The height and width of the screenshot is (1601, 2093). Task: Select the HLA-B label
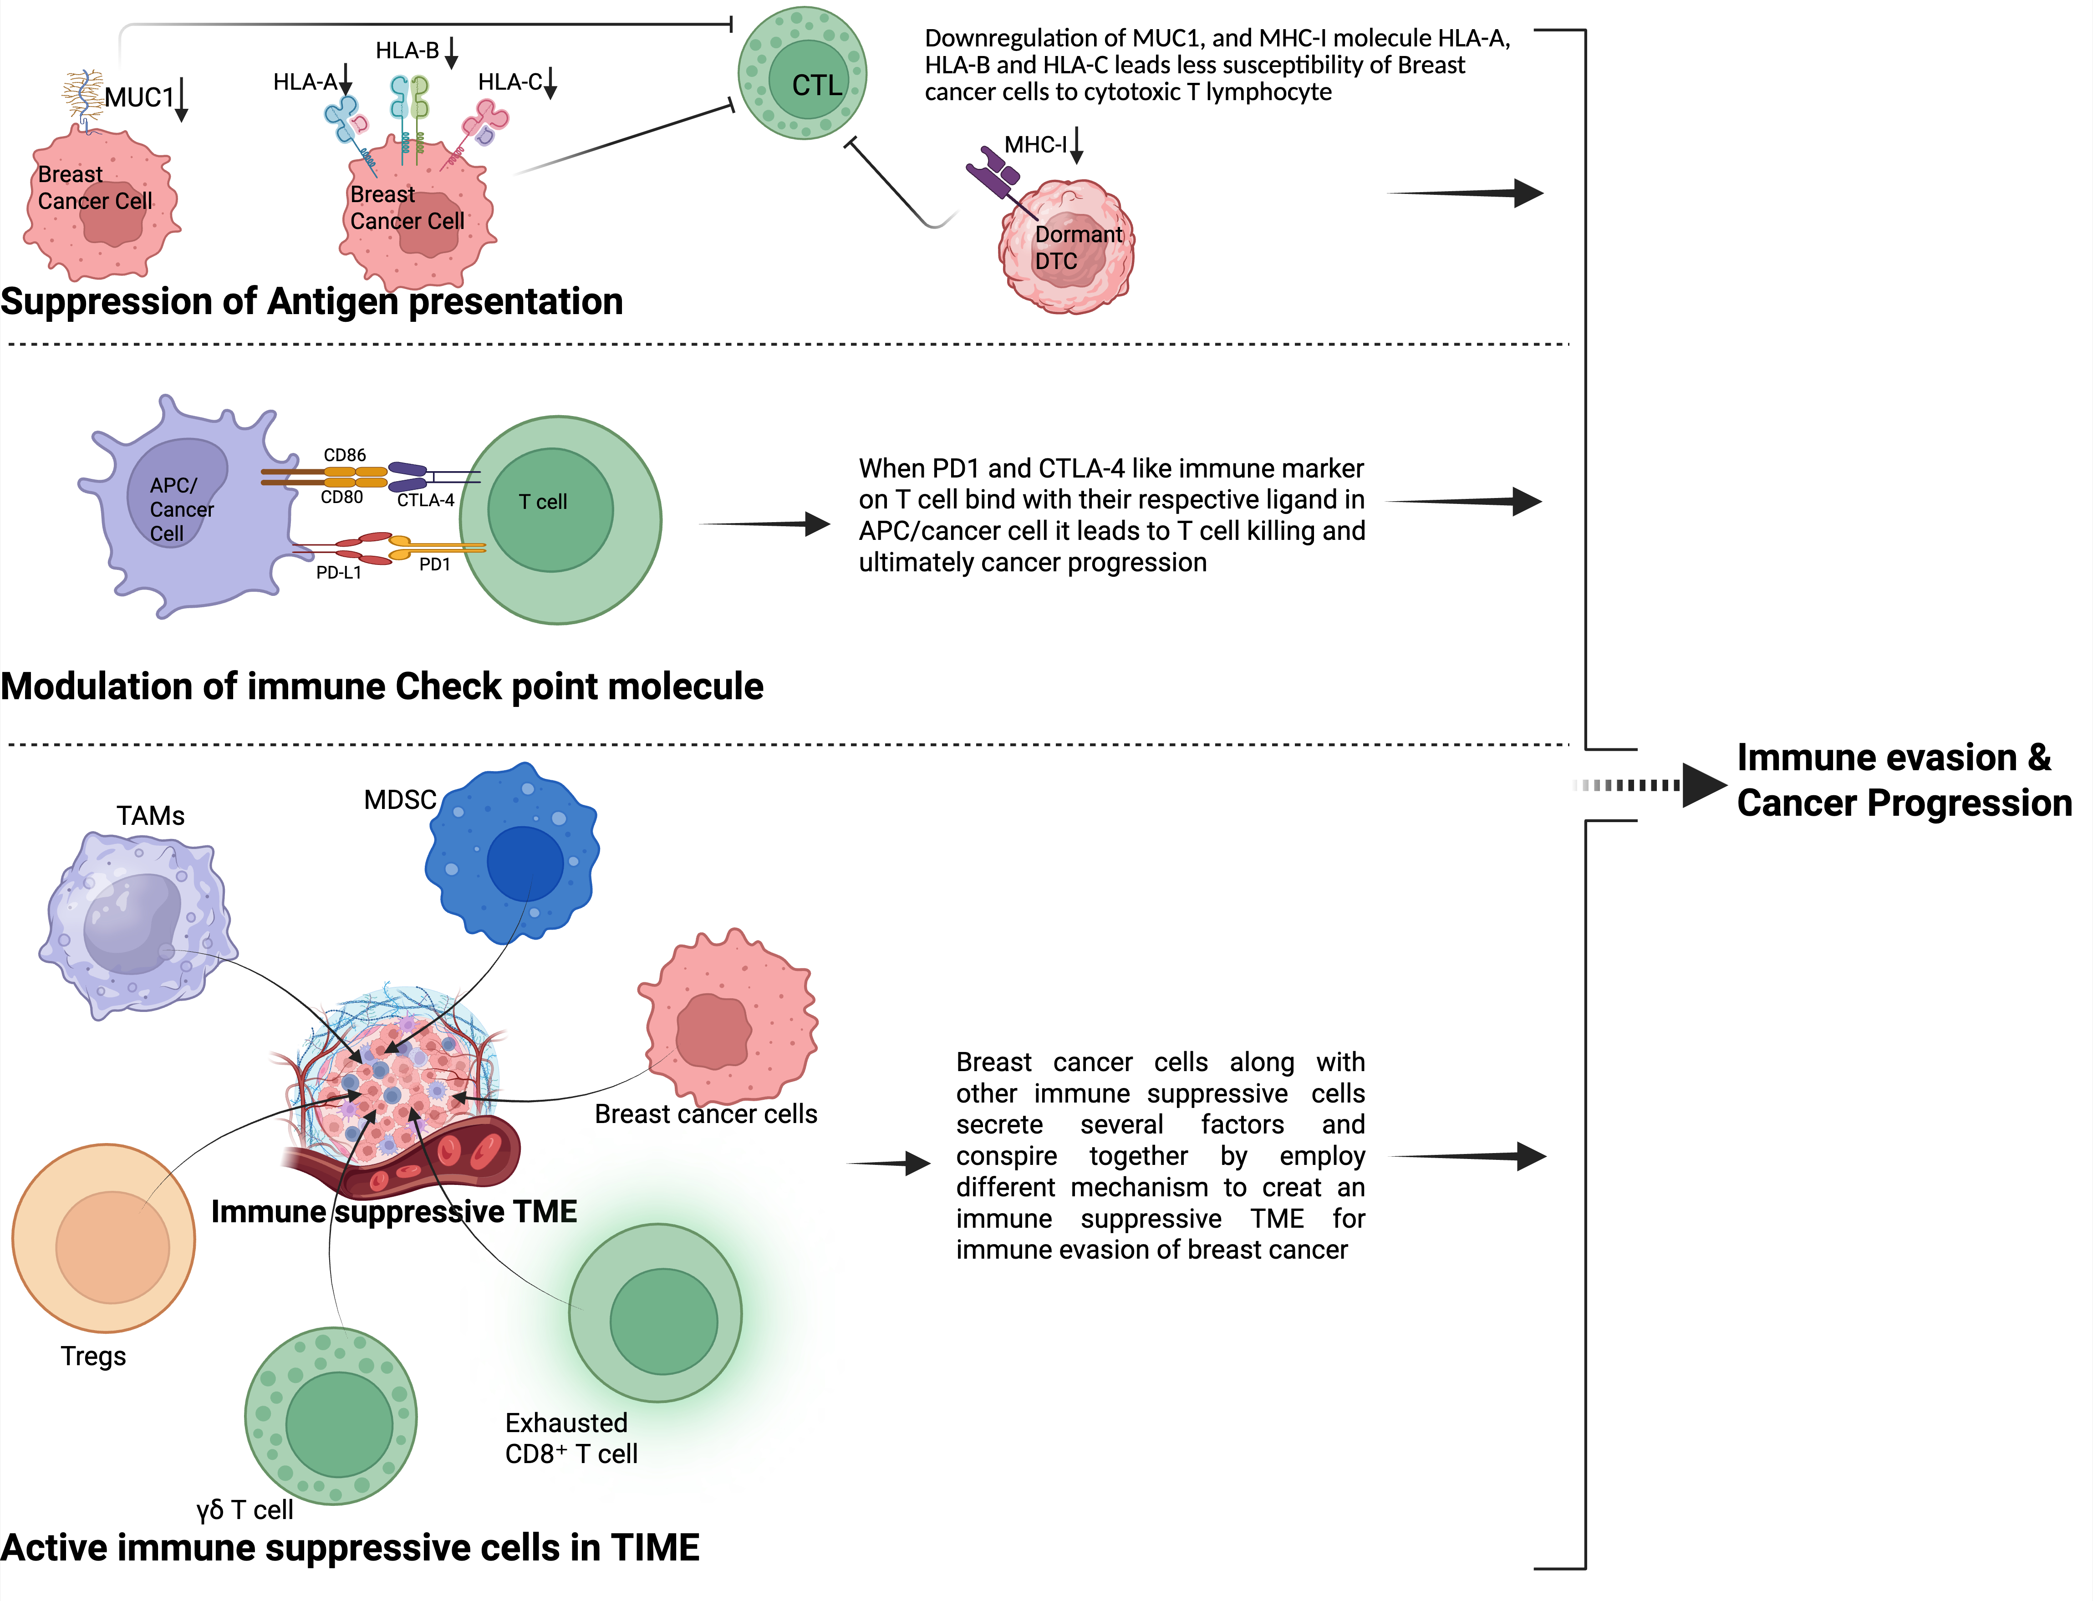pos(407,51)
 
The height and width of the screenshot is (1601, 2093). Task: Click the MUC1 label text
pos(139,97)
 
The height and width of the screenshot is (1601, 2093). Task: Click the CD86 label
pos(344,456)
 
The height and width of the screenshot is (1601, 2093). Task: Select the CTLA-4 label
pos(425,500)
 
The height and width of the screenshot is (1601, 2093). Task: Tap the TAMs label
pos(151,817)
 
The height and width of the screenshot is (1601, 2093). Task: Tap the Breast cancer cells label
pos(705,1114)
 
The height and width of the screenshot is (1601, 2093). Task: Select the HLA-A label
pos(305,83)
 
